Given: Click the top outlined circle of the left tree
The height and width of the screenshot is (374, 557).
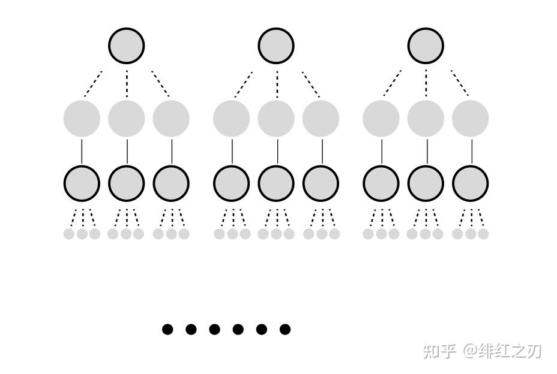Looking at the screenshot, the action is [x=127, y=46].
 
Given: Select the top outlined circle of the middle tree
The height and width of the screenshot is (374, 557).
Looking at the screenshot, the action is [x=276, y=46].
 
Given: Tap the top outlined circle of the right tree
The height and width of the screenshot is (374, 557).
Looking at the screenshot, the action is [x=426, y=46].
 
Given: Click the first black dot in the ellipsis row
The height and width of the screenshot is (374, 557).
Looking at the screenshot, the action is [x=167, y=329].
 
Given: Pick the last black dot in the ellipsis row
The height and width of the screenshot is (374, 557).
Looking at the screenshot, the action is [x=285, y=329].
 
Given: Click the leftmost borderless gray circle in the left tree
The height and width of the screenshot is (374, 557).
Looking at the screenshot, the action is [x=82, y=118].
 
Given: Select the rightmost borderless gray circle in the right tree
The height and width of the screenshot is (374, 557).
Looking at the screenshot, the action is [x=470, y=118].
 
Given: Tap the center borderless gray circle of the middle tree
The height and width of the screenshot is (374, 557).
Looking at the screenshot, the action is [x=276, y=118].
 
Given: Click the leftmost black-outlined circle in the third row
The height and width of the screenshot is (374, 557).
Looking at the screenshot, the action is [x=82, y=183].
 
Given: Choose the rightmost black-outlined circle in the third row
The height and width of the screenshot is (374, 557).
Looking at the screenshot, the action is [x=470, y=183].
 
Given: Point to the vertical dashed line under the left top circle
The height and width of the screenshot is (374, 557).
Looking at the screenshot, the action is [x=127, y=84].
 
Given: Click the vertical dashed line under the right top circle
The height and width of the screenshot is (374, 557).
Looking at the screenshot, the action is [x=426, y=84].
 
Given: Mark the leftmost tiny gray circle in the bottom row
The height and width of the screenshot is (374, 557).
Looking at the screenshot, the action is [x=69, y=234].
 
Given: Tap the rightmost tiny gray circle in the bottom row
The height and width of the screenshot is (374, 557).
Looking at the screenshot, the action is [x=483, y=234].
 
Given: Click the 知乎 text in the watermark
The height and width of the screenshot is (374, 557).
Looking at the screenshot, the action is [x=439, y=351].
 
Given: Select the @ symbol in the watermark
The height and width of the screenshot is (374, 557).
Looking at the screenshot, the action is [x=469, y=351].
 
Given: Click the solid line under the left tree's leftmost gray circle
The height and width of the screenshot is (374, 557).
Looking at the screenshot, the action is [x=82, y=151].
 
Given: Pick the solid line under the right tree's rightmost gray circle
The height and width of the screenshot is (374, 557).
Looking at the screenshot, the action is [x=471, y=151].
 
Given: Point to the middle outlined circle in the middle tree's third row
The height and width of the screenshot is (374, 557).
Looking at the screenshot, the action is [x=276, y=183].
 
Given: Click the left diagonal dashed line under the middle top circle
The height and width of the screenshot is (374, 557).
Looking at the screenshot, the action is [x=243, y=85].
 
